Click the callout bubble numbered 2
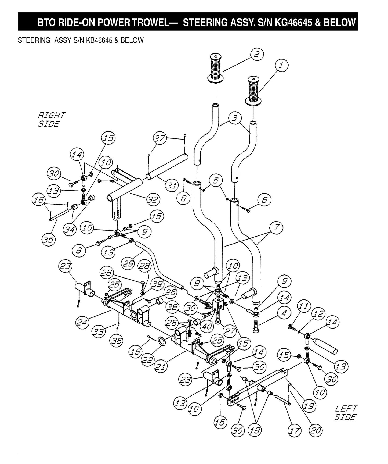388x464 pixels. [x=257, y=55]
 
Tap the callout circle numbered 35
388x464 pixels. [x=49, y=239]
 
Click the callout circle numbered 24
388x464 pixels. [x=82, y=322]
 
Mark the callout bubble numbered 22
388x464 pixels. [x=147, y=360]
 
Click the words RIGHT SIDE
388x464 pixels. [x=51, y=120]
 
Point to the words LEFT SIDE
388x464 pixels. [x=346, y=413]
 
